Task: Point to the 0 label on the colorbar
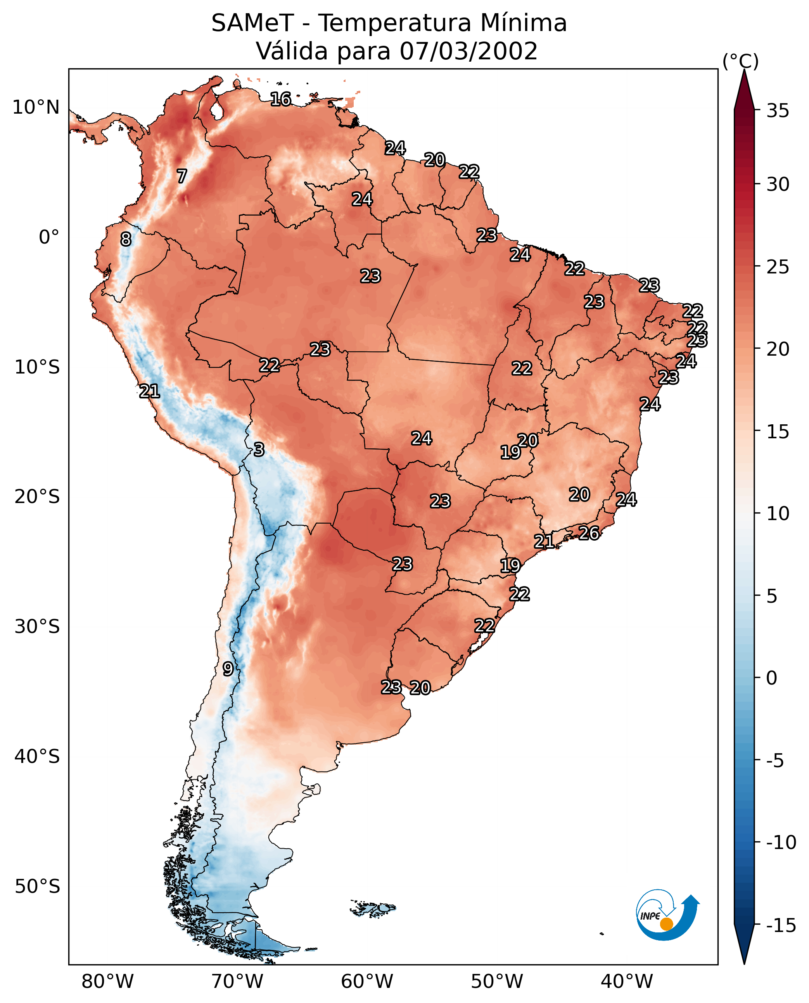(772, 678)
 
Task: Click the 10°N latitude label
(36, 108)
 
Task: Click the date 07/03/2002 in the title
(469, 51)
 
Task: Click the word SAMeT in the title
(252, 23)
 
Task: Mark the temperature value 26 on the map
(589, 533)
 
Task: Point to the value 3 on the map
(259, 449)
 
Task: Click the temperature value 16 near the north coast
(280, 99)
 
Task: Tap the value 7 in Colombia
(182, 176)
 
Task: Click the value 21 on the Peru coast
(150, 391)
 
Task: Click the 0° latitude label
(49, 237)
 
